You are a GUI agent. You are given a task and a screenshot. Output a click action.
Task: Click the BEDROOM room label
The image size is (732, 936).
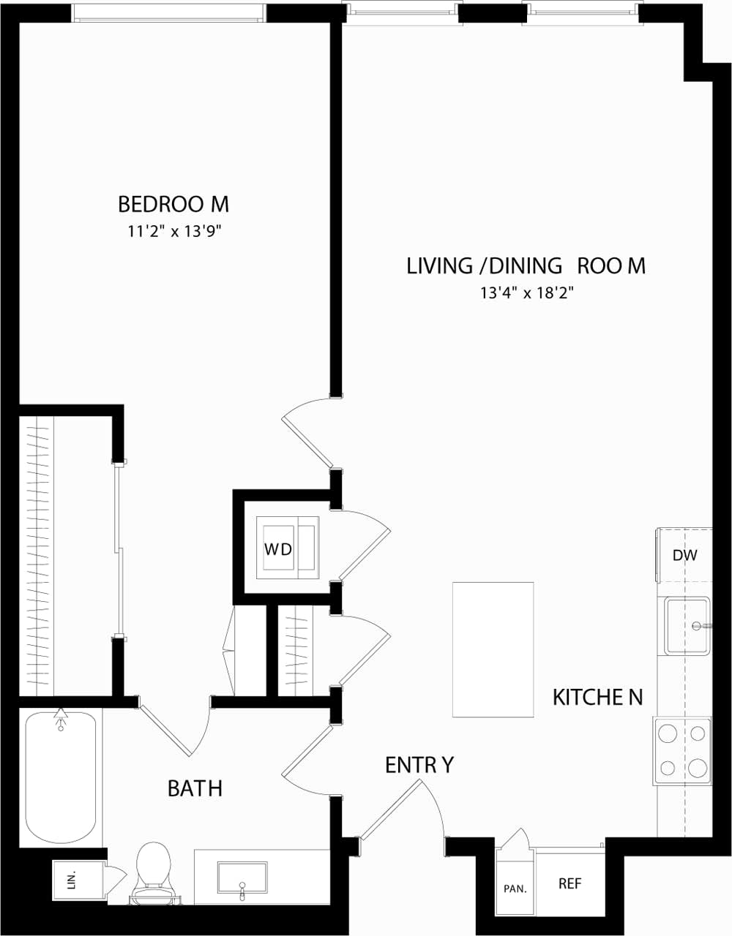pos(173,203)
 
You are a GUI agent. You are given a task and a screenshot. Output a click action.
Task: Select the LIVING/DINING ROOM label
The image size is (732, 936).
pos(526,265)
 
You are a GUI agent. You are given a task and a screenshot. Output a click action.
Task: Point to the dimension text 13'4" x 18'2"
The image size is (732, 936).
pos(526,294)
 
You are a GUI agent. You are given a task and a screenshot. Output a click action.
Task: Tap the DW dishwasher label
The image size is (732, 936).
pos(684,555)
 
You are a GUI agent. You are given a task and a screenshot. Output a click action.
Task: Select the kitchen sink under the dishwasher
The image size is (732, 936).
pos(687,626)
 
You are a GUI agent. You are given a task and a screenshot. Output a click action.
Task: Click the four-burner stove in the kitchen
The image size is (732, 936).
pos(682,751)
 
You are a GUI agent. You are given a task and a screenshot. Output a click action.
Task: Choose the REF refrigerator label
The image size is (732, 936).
pos(569,883)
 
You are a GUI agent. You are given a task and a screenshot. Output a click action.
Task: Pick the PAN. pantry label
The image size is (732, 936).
pos(515,889)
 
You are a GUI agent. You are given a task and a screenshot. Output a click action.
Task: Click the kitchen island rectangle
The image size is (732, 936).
pos(493,649)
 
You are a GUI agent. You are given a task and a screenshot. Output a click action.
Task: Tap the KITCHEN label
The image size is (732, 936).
pos(597,698)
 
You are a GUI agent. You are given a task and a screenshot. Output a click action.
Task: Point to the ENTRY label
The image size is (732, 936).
pos(419,765)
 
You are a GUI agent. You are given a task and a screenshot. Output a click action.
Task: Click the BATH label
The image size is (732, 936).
pos(195,788)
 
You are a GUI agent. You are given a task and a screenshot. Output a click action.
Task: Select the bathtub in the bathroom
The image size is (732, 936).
pos(61,779)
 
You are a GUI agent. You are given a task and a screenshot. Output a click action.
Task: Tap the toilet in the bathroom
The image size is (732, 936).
pos(153,870)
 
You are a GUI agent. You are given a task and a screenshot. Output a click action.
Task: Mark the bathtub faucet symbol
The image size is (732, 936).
pos(61,719)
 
